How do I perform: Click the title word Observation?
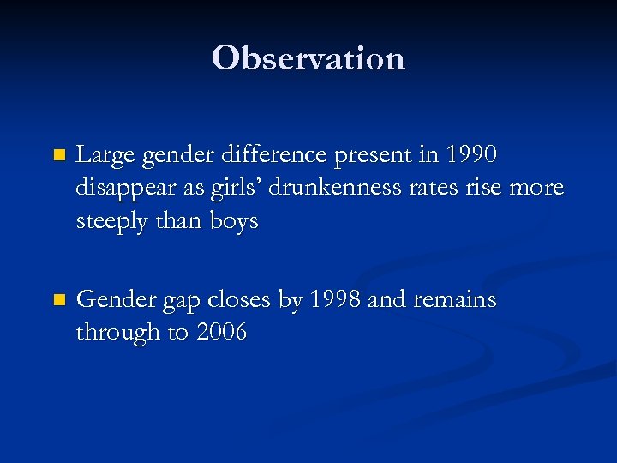(x=308, y=58)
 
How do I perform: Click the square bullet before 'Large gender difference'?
(x=58, y=156)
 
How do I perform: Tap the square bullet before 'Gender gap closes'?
(x=58, y=300)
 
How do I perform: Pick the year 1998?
(x=336, y=299)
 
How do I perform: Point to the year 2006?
(x=221, y=332)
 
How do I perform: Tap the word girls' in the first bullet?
(x=233, y=188)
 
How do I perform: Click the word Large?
(x=105, y=155)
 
